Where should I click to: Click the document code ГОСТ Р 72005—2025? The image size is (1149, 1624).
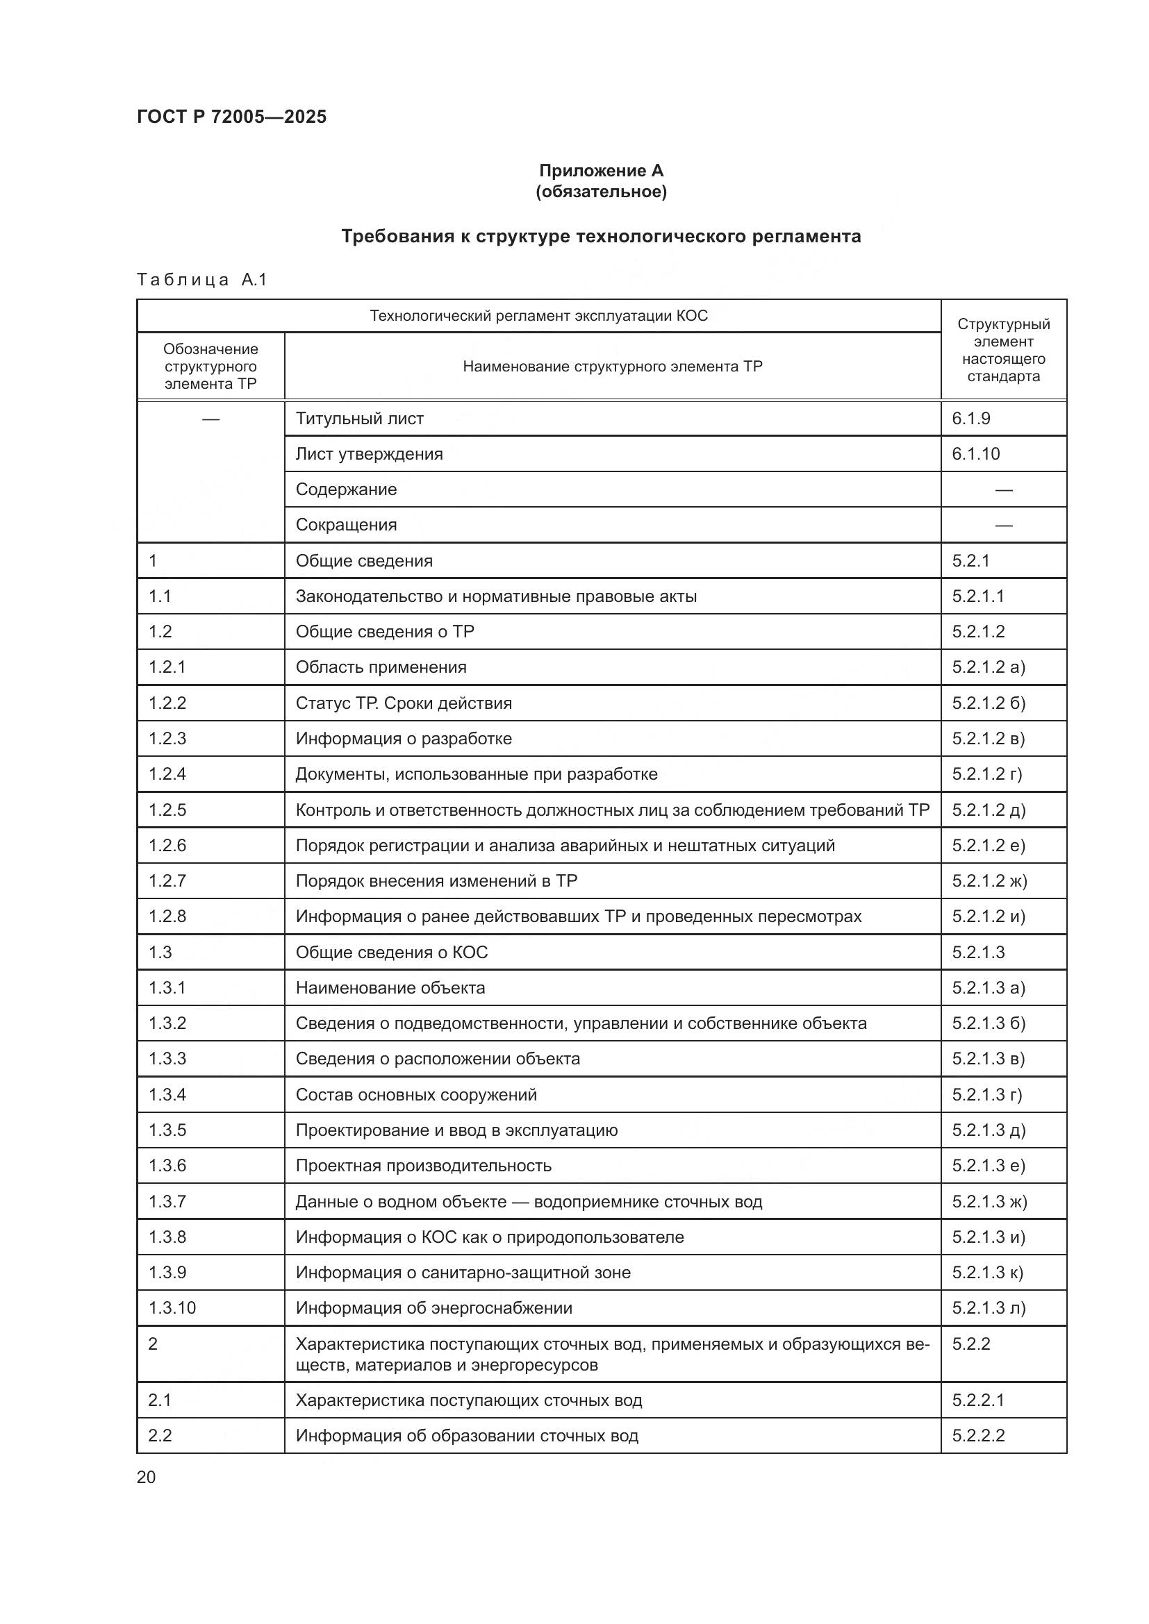coord(231,117)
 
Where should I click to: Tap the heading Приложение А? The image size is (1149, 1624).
coord(601,171)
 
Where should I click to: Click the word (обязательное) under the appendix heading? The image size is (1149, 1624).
coord(601,192)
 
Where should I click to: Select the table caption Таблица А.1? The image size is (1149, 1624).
coord(201,280)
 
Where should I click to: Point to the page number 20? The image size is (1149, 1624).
coord(146,1477)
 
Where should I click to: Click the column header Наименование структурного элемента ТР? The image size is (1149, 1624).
coord(612,367)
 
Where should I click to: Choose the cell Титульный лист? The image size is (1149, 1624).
coord(359,419)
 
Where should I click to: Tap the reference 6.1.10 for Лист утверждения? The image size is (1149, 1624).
coord(975,454)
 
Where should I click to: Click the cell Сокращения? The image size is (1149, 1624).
coord(346,525)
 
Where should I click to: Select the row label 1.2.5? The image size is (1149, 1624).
coord(167,810)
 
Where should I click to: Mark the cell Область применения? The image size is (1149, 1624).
coord(381,667)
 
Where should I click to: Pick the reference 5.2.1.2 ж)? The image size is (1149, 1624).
coord(989,880)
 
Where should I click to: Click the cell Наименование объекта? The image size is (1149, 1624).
coord(390,987)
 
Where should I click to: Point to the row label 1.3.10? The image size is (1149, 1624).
coord(172,1308)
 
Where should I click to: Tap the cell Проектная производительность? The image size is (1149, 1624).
coord(423,1166)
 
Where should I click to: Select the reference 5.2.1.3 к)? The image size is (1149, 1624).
coord(987,1273)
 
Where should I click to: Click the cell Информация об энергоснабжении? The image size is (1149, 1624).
coord(433,1308)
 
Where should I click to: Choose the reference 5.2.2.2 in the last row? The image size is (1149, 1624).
coord(978,1435)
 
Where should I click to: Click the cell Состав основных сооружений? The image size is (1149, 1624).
coord(416,1094)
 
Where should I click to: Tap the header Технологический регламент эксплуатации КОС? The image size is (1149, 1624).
coord(538,315)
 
